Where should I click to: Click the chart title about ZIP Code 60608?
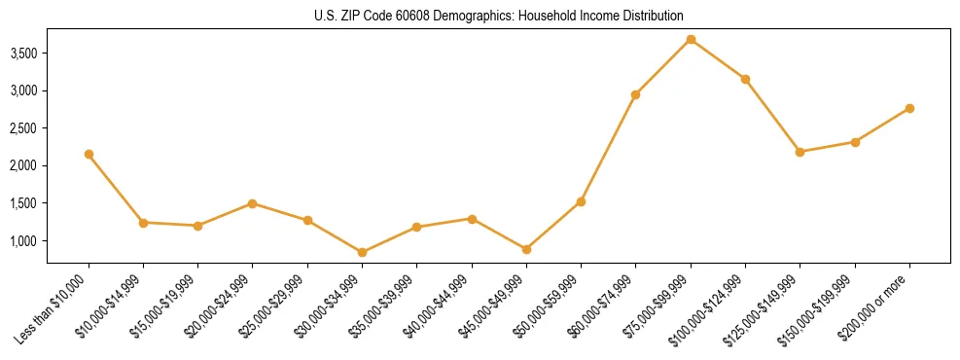[x=498, y=16]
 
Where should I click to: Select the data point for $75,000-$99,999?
[x=691, y=39]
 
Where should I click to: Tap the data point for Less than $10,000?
[x=89, y=154]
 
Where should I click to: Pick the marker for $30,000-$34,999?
[x=362, y=252]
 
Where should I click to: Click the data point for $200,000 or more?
[x=909, y=108]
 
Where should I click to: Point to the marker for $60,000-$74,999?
[x=635, y=94]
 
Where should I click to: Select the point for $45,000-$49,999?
[x=526, y=249]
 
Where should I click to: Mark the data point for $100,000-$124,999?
[x=745, y=79]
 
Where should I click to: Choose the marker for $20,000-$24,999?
[x=252, y=203]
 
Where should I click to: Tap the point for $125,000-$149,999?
[x=800, y=152]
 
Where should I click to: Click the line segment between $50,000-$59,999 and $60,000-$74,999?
[x=608, y=148]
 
